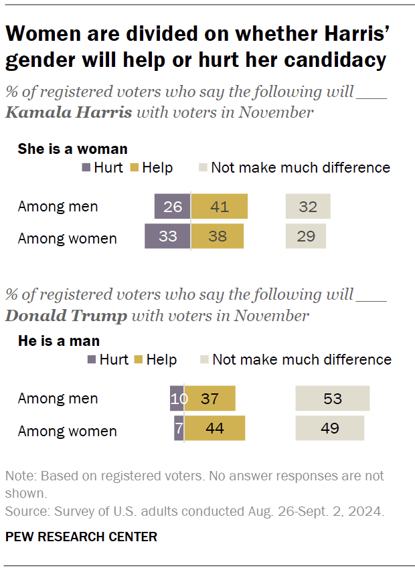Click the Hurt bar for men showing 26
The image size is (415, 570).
pos(172,207)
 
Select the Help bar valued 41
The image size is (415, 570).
pos(220,207)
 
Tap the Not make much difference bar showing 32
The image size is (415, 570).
pos(308,207)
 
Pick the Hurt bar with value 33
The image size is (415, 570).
pos(167,236)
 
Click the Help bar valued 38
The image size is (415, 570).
pos(218,236)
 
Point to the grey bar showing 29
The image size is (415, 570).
pos(306,236)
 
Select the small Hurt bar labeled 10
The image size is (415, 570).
pos(177,399)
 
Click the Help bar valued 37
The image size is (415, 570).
pos(210,399)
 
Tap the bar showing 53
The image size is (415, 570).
pos(333,399)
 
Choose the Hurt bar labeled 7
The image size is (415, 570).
pos(179,428)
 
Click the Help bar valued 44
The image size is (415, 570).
pos(215,428)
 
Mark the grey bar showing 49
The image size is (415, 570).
pos(330,428)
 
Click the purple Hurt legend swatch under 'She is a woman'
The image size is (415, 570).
pos(86,168)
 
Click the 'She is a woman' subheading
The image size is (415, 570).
pos(72,149)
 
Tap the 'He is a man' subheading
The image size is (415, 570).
pos(59,341)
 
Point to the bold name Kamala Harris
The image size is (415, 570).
pos(68,112)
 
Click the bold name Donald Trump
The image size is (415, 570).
pos(66,316)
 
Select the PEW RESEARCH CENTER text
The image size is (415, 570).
pos(81,537)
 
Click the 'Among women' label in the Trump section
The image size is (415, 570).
pos(67,431)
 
